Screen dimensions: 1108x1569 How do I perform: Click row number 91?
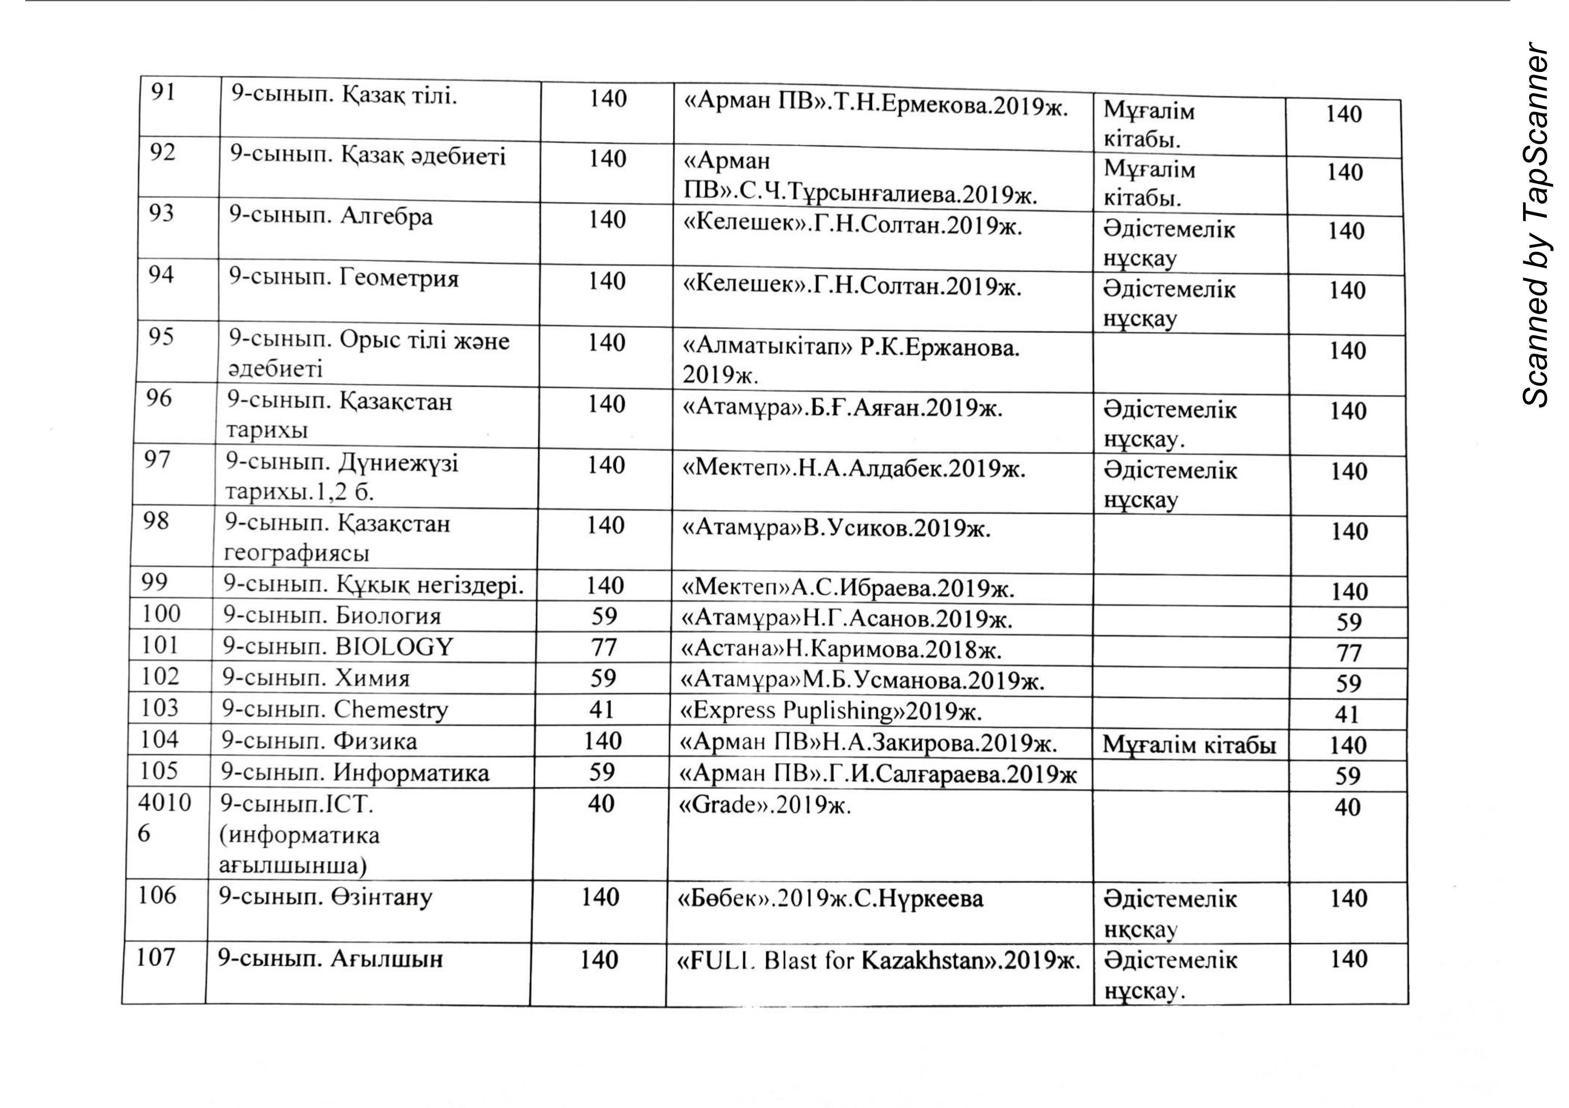coord(163,92)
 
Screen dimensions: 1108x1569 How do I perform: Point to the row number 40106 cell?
coord(164,818)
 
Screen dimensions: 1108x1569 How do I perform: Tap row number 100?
coord(161,613)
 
